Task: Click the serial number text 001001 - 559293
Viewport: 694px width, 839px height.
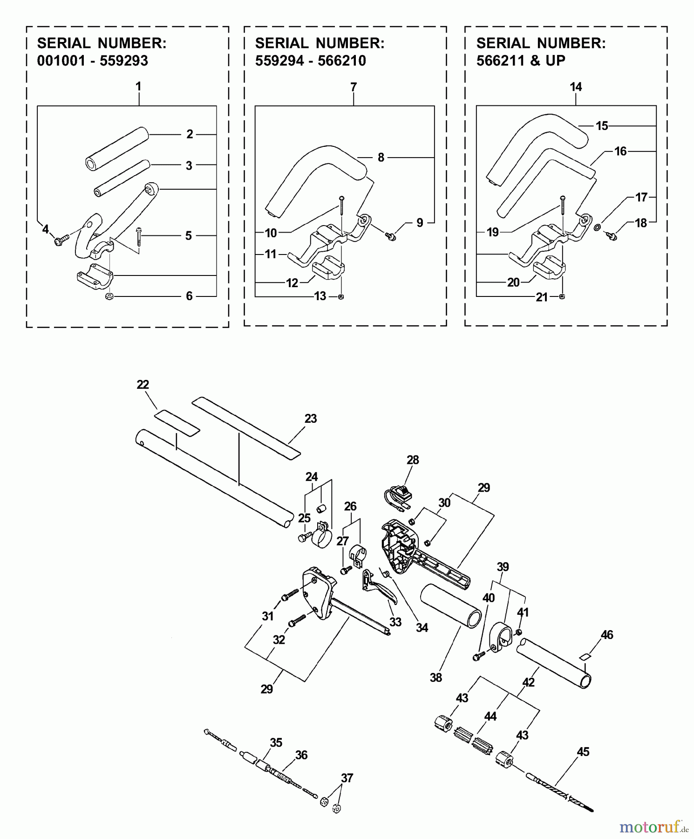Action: [x=92, y=61]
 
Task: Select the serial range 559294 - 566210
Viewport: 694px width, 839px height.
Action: [x=310, y=61]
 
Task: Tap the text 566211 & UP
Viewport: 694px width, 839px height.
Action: [x=520, y=61]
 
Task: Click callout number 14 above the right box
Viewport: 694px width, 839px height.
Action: [x=576, y=87]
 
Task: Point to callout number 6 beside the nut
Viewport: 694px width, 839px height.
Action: [x=189, y=296]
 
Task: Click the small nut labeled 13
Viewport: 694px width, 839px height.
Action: [x=341, y=296]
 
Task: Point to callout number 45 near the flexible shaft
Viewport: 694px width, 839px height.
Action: [x=583, y=752]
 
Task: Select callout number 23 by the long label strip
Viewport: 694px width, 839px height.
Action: [x=311, y=419]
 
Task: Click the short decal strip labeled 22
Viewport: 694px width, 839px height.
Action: [x=177, y=422]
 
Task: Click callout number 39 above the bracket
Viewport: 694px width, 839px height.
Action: [x=503, y=567]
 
